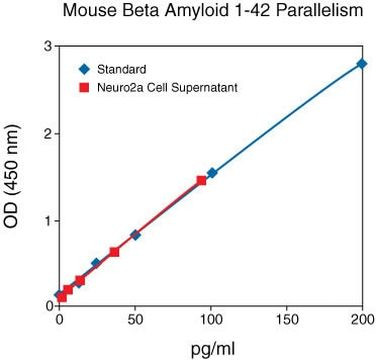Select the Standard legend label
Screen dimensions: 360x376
[x=122, y=69]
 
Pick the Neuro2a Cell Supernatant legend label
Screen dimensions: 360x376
[x=166, y=87]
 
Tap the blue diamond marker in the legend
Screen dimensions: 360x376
[x=84, y=69]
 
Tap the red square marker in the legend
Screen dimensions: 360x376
[x=84, y=87]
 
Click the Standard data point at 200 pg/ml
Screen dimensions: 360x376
[x=361, y=64]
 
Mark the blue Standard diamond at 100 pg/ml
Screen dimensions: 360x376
[x=211, y=173]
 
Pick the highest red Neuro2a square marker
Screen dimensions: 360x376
[x=201, y=181]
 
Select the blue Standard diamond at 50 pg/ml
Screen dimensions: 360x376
[x=135, y=235]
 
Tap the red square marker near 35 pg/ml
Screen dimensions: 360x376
[x=114, y=252]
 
